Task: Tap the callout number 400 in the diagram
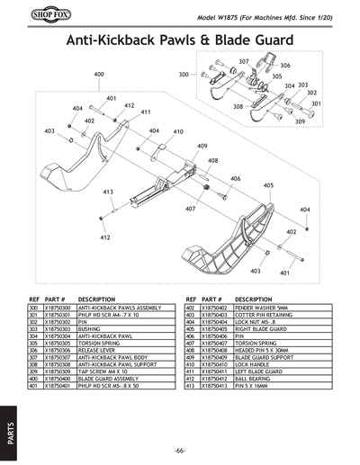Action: pos(98,74)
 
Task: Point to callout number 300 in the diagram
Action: pos(184,75)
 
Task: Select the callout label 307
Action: pos(243,61)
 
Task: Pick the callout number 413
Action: pos(107,192)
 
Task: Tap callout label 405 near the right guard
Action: pos(267,185)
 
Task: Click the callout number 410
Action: pos(178,131)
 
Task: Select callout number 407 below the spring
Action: pos(191,209)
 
